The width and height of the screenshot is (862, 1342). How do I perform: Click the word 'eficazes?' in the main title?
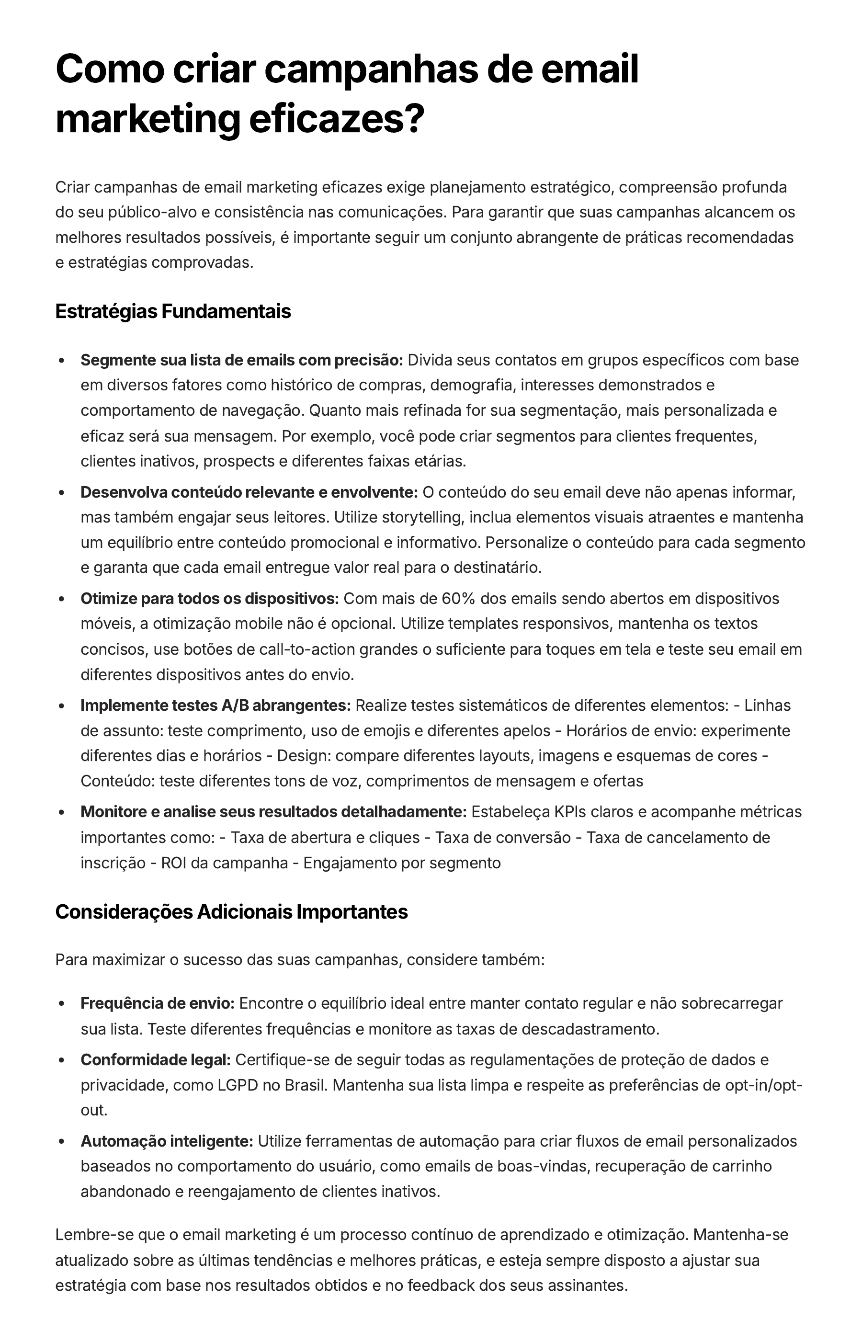click(336, 119)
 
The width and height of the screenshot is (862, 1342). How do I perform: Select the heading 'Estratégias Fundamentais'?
click(173, 312)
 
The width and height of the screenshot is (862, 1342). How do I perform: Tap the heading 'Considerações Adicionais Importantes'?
click(231, 912)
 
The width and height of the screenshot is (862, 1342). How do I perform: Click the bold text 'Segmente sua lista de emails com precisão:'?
click(242, 360)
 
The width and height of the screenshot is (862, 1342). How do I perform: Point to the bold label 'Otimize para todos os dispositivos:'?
click(209, 599)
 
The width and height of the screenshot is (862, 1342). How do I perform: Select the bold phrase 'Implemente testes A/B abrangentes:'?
click(215, 705)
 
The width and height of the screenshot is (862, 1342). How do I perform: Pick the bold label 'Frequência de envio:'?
click(157, 1003)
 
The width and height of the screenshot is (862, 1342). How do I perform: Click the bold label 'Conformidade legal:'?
click(156, 1060)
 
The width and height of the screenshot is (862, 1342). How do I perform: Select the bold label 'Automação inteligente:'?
click(167, 1141)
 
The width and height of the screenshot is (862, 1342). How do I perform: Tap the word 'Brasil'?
click(306, 1085)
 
